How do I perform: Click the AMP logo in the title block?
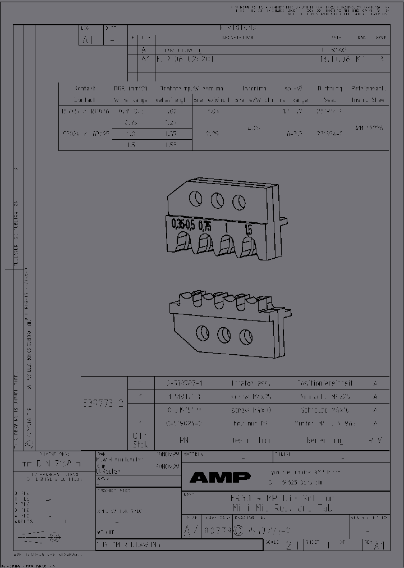click(219, 478)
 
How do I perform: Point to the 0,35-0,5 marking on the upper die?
click(183, 225)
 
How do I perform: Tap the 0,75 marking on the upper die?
click(205, 226)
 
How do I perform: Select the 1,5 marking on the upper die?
click(248, 230)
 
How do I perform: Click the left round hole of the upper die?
click(195, 198)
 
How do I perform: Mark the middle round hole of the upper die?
click(218, 200)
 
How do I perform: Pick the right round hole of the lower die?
click(245, 337)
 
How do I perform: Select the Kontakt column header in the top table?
click(85, 89)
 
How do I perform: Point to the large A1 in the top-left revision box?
click(88, 40)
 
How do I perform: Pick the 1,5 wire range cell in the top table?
click(131, 144)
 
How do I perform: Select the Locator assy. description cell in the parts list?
click(251, 383)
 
